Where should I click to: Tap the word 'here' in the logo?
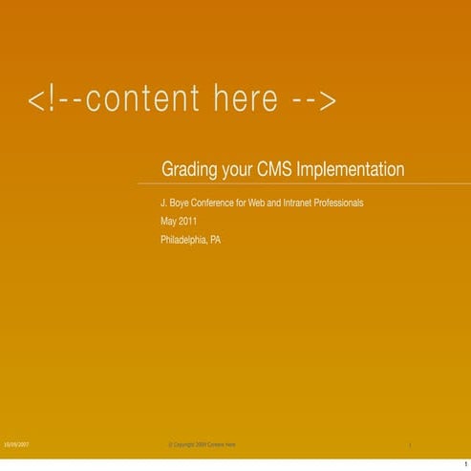(243, 99)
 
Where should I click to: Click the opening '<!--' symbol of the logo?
(53, 99)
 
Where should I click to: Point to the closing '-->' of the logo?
(313, 99)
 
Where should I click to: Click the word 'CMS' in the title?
(276, 170)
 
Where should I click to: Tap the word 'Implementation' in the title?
(351, 170)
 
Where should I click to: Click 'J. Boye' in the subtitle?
(176, 203)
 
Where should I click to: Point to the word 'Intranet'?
(296, 203)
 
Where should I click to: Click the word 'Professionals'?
(339, 203)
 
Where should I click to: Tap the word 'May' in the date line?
(168, 223)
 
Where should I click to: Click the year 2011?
(187, 222)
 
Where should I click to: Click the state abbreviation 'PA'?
(215, 241)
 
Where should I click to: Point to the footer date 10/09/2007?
(16, 445)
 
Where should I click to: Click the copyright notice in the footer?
(202, 445)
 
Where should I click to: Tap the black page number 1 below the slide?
(464, 463)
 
